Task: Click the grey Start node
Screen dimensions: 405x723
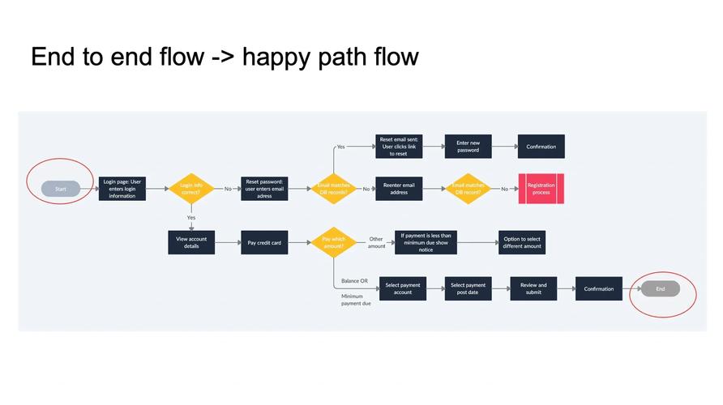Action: (x=61, y=189)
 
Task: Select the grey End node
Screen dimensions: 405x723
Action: (x=660, y=288)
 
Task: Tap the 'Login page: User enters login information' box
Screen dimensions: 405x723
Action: (x=122, y=189)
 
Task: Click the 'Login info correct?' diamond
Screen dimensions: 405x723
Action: (x=191, y=189)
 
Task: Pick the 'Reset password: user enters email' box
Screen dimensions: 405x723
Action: (x=264, y=189)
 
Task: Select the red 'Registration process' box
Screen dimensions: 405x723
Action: (x=541, y=189)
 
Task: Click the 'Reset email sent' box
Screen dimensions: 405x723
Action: (x=398, y=147)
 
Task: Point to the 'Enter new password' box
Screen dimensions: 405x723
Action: (x=468, y=147)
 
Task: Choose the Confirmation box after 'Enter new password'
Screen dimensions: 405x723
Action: (x=541, y=147)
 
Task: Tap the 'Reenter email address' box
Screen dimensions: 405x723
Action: (x=398, y=189)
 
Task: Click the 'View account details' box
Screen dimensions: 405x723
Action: (x=191, y=242)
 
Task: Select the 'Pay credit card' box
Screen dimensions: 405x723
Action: (x=264, y=242)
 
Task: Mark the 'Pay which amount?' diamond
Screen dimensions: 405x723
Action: (x=333, y=242)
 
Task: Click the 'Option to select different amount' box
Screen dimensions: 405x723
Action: (x=522, y=242)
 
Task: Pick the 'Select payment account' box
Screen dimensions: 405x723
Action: (x=403, y=288)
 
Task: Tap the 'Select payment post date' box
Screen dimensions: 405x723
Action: (x=468, y=288)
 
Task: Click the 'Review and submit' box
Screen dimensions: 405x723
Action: (x=533, y=288)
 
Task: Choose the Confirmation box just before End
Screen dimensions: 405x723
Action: (x=599, y=288)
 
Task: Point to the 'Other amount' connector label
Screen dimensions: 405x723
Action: (x=376, y=242)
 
